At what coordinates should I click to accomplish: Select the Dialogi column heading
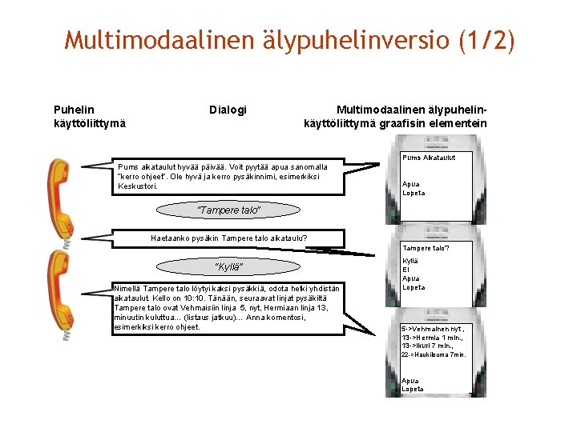(x=228, y=110)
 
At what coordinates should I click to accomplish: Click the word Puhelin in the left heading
(x=73, y=110)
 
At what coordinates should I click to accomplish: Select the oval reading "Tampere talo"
(x=229, y=210)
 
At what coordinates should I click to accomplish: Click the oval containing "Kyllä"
(x=229, y=266)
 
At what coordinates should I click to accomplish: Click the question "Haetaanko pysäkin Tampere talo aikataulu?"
(x=229, y=238)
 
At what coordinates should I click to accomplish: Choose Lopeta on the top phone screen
(x=414, y=193)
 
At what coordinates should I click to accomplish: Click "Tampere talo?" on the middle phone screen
(x=426, y=248)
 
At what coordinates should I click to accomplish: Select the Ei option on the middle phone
(x=406, y=270)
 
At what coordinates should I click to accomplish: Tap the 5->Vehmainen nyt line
(x=433, y=329)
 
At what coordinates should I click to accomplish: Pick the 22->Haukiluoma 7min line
(x=433, y=354)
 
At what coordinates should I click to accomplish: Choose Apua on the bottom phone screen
(x=410, y=381)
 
